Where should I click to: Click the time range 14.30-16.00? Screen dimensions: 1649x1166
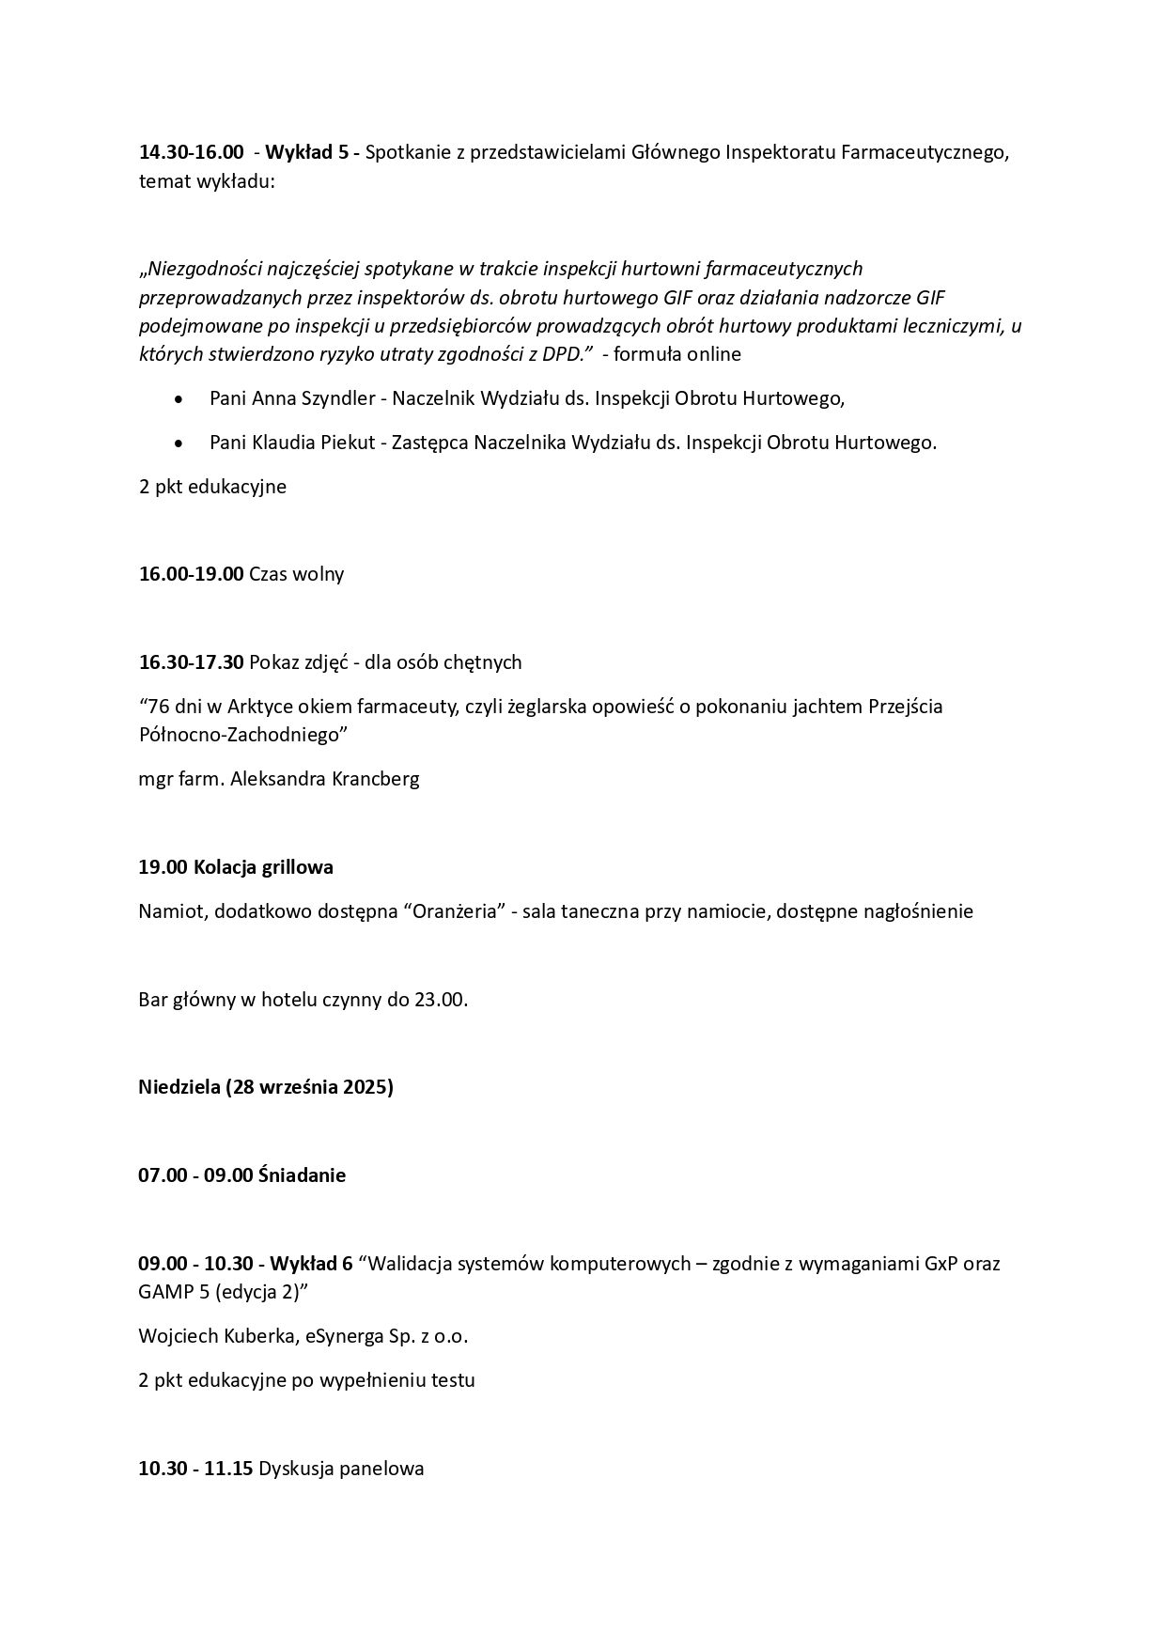coord(192,152)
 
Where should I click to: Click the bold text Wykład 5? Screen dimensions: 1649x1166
coord(307,152)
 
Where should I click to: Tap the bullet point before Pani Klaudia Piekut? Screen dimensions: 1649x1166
coord(179,443)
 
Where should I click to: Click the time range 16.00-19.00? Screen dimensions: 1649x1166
coord(191,574)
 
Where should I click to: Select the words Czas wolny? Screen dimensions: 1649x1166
coord(296,574)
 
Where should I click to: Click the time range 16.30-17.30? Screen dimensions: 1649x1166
coord(191,662)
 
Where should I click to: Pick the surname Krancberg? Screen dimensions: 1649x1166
coord(376,779)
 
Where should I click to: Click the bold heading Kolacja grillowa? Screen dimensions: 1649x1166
coord(263,867)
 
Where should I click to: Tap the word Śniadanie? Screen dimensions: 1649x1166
coord(302,1175)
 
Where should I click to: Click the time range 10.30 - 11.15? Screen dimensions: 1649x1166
coord(195,1469)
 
